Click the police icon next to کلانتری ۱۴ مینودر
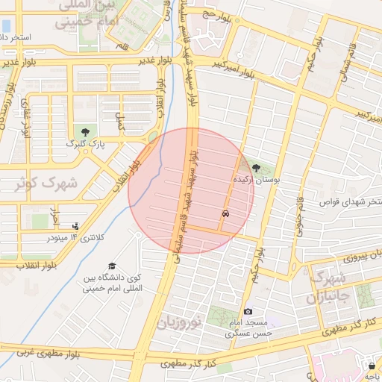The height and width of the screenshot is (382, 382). [x=75, y=226]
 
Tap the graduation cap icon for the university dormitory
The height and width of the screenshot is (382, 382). [x=112, y=266]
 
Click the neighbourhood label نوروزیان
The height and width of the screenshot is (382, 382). [x=179, y=323]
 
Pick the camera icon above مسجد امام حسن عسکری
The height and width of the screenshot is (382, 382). [x=248, y=311]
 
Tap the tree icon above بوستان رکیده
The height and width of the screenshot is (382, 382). [x=257, y=168]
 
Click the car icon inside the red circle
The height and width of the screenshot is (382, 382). [x=225, y=213]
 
